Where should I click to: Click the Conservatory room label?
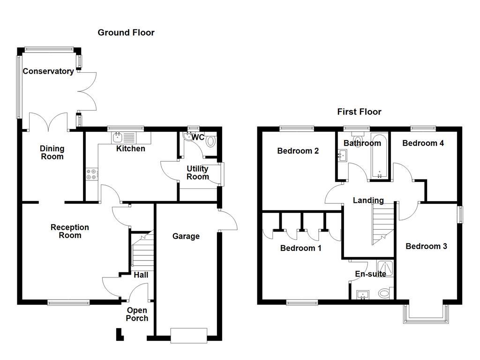point(48,71)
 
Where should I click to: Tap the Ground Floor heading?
point(126,32)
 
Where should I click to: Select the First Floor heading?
point(359,112)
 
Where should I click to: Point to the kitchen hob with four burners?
point(92,174)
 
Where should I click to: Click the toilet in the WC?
point(210,141)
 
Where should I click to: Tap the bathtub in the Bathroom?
point(379,155)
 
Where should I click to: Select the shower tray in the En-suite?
point(385,268)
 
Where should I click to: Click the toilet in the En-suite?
point(385,293)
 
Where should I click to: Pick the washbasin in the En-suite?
point(363,295)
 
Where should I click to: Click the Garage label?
point(186,236)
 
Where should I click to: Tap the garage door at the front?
point(189,336)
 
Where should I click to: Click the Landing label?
point(368,201)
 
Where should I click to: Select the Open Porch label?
point(137,315)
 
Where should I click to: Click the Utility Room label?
point(198,172)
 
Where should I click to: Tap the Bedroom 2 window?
point(297,128)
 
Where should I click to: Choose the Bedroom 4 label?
point(423,143)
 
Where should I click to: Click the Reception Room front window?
point(68,302)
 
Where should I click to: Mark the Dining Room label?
point(52,153)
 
